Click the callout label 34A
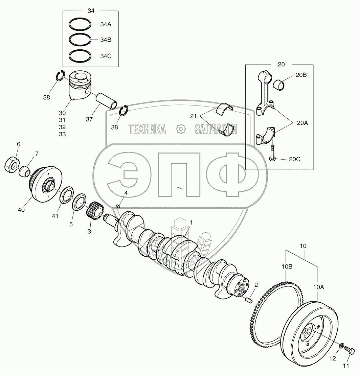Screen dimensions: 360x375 coord(106,24)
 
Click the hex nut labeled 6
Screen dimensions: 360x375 coord(12,165)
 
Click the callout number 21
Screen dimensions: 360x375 coord(193,116)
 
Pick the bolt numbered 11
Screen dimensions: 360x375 coord(351,353)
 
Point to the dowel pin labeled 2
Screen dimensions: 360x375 coord(249,299)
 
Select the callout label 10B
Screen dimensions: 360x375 coord(287,266)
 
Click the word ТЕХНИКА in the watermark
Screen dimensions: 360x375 coord(147,129)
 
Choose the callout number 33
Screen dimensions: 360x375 coord(62,134)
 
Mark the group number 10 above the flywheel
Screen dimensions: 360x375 coord(303,246)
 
